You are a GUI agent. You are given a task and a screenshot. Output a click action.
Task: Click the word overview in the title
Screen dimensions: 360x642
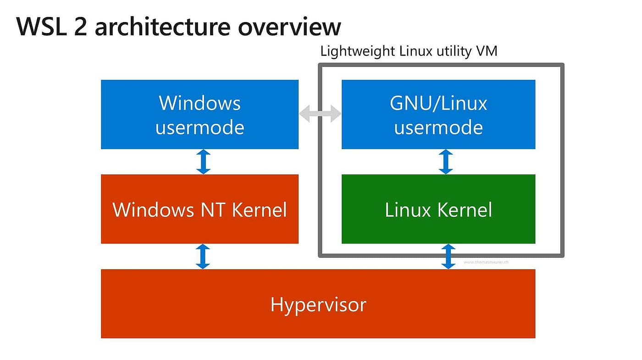289,27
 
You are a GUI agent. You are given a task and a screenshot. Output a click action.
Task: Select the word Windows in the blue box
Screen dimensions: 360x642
199,103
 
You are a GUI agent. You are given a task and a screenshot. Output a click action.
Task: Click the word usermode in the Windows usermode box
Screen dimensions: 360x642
199,127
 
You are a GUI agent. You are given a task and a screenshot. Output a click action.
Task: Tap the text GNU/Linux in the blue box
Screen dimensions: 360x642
438,103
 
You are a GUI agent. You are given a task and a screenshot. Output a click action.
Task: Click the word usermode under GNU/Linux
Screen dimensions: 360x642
438,127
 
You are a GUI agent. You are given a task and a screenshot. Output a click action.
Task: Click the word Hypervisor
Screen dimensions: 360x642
318,304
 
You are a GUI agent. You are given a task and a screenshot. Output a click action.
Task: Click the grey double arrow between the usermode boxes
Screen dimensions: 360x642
320,114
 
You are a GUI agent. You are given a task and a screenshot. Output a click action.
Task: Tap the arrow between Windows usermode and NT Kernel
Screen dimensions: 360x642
203,161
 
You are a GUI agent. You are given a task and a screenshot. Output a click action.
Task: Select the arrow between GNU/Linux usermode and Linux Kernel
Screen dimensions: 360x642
445,161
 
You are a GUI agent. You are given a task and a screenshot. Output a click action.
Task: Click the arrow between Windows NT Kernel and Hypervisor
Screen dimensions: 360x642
203,256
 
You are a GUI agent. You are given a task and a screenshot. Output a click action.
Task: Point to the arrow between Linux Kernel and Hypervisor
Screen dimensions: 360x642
448,256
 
